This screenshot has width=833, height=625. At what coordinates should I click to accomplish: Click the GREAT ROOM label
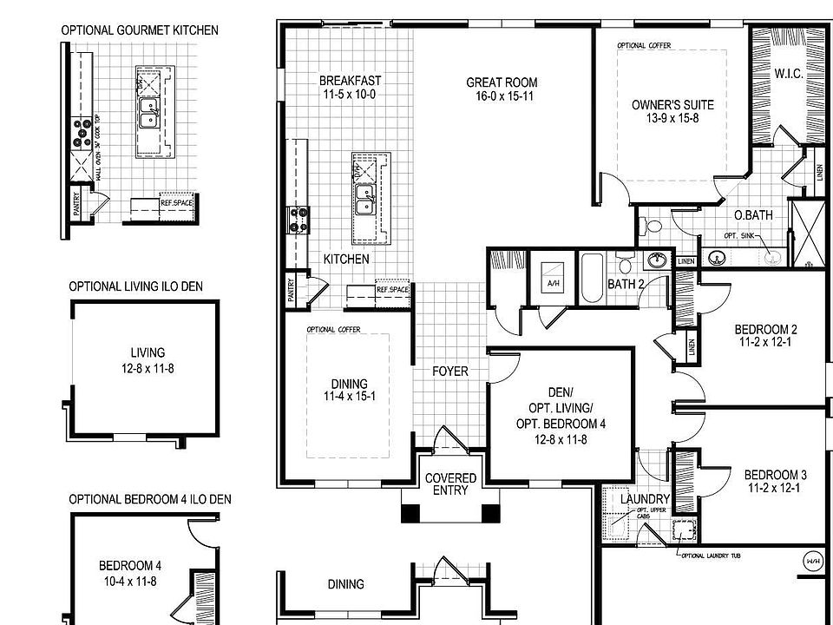click(499, 82)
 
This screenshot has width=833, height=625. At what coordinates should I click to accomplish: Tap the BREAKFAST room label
click(350, 81)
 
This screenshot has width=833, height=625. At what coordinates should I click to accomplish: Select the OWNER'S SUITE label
click(672, 105)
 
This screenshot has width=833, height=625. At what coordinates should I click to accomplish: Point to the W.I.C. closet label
click(789, 75)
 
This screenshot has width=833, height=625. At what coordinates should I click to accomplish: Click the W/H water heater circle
click(814, 558)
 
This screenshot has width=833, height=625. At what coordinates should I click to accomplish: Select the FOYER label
click(450, 372)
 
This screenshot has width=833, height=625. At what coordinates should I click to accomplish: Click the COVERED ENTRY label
click(450, 484)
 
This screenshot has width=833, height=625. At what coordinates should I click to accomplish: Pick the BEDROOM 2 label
click(765, 330)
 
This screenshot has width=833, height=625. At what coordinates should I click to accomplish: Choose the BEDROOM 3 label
click(775, 476)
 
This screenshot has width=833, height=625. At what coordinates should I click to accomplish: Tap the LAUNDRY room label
click(645, 499)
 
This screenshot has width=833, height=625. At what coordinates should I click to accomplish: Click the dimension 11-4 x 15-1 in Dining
click(349, 398)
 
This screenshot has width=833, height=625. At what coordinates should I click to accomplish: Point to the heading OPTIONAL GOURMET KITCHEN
click(139, 30)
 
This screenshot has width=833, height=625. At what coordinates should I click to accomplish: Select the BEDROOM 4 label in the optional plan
click(129, 566)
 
